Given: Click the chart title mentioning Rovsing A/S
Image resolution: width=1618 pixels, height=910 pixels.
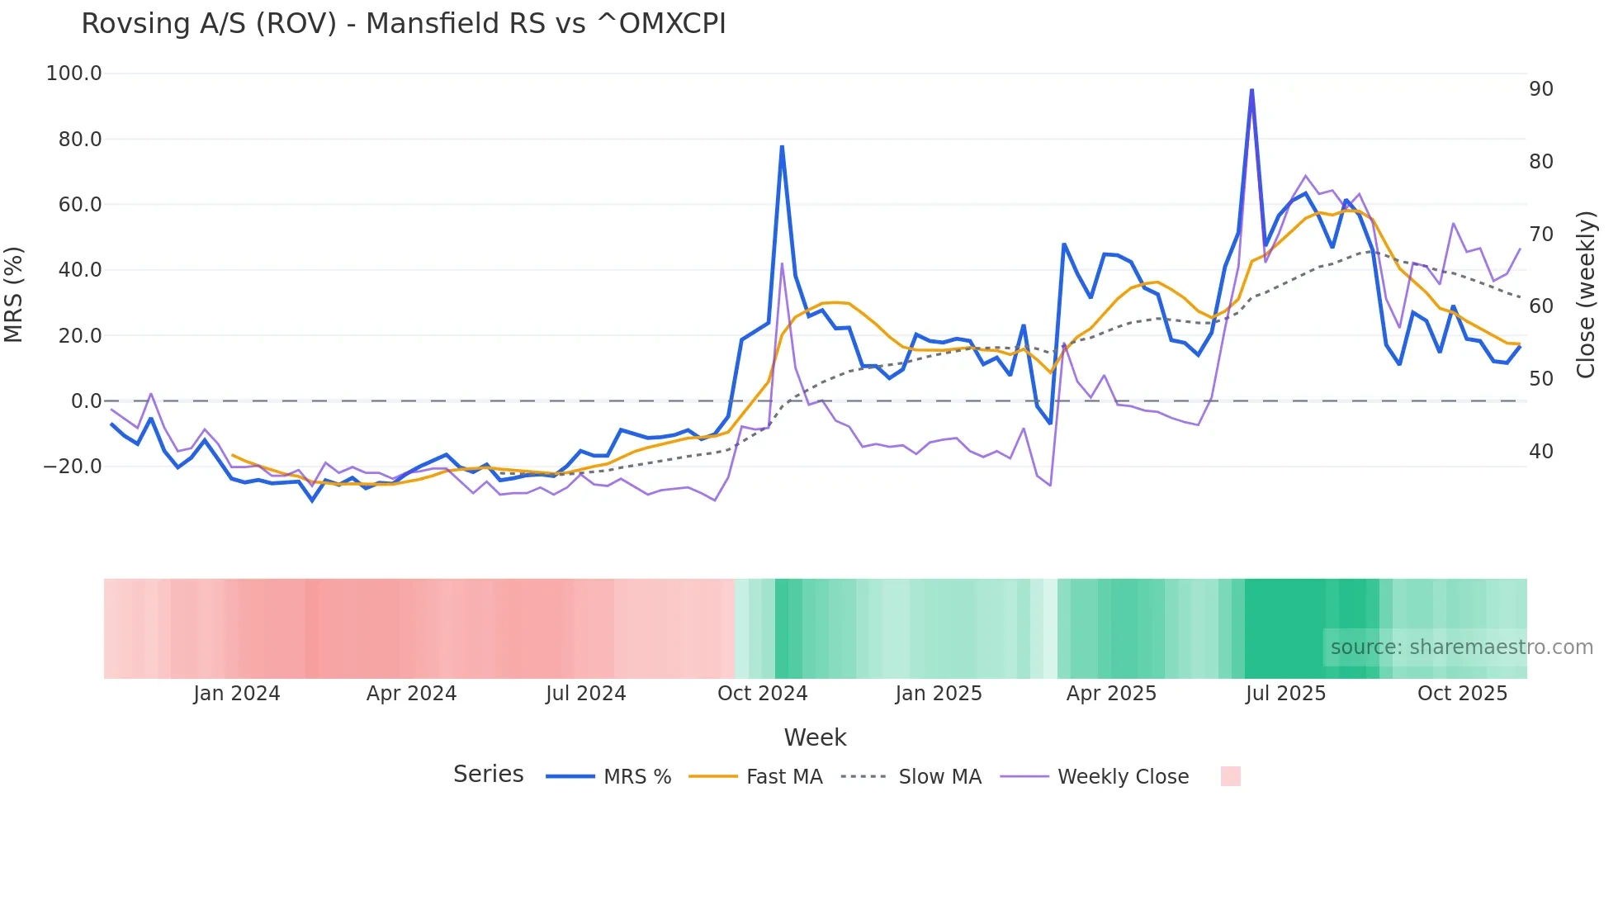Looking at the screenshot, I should point(403,24).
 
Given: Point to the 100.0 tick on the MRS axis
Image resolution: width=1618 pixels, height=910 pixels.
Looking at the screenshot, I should point(74,73).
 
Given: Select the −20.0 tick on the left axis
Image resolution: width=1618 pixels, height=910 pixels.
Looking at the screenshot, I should point(73,467).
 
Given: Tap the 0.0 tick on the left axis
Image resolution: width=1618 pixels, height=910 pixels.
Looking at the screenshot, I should point(86,401).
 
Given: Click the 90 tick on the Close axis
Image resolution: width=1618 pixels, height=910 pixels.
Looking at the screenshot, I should point(1540,89).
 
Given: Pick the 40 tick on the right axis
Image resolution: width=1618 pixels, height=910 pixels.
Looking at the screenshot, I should point(1540,452).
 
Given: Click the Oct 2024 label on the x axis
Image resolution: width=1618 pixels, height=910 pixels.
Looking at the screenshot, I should point(762,694).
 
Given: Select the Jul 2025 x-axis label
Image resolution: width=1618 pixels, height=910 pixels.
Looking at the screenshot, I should point(1285,694).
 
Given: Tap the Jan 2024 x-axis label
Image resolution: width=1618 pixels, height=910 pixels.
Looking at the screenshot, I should point(237,694).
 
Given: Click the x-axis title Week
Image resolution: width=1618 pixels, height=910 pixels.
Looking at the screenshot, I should point(815,737).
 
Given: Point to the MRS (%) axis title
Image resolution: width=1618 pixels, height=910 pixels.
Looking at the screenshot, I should point(14,295).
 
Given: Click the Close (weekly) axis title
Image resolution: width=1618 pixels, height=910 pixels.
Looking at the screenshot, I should point(1586,295).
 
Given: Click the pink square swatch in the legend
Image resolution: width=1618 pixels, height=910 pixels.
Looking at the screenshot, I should point(1230,776).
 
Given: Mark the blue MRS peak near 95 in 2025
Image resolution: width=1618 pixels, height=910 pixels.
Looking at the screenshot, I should point(1251,90).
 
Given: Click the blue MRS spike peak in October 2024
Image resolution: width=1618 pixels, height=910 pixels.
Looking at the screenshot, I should point(782,147).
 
